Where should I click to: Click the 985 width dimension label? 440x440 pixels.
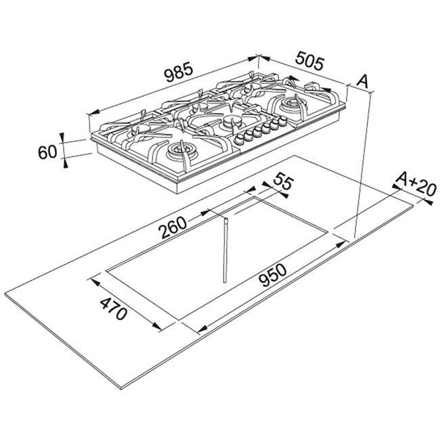pos(179,73)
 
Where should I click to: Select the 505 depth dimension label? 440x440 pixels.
pos(310,60)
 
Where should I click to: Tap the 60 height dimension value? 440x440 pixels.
pos(47,153)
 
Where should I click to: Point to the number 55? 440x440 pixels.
pos(283,182)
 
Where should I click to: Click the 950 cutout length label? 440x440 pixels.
pos(273,276)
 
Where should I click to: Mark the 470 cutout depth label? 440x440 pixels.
pos(113,309)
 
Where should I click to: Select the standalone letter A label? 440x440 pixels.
pos(362,81)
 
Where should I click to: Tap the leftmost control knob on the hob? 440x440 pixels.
pos(240,139)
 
